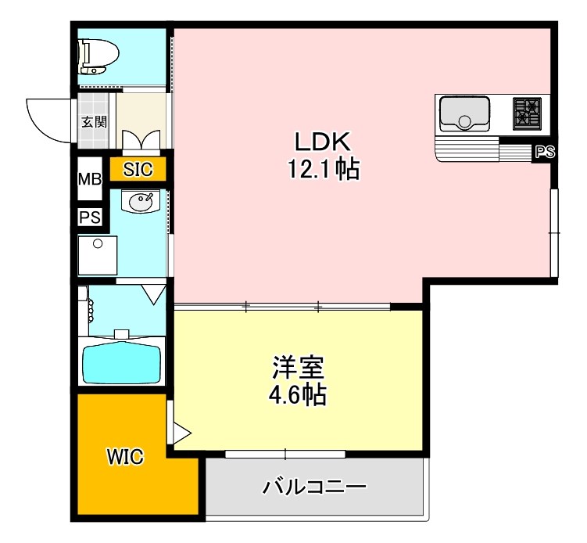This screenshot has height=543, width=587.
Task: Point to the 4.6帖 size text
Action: (299, 394)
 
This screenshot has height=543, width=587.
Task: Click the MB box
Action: (89, 179)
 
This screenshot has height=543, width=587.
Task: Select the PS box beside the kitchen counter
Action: (544, 153)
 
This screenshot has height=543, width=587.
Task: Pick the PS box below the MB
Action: (88, 218)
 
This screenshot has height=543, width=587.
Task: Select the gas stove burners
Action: (528, 113)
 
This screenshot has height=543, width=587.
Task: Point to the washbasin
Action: (140, 202)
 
